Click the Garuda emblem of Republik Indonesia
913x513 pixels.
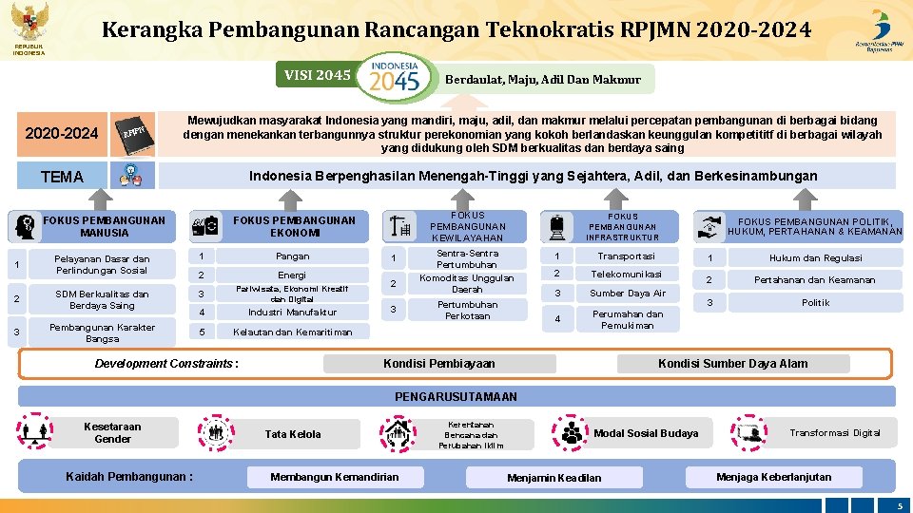[29, 21]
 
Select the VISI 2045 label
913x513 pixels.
[318, 75]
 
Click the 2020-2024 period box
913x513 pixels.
[61, 133]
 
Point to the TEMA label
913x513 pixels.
[62, 177]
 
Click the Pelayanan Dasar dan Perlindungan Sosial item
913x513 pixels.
[102, 264]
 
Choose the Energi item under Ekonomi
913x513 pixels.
[292, 275]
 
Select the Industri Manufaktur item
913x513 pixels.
[292, 313]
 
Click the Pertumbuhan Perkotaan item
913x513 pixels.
[466, 310]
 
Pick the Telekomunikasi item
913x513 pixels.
[626, 274]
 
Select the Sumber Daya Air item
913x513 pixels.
[628, 294]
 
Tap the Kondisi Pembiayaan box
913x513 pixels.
[438, 364]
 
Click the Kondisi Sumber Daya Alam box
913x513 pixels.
[732, 364]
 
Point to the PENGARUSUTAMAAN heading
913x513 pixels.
[456, 396]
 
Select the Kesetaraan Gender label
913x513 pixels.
[112, 433]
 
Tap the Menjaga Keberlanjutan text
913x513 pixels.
[773, 477]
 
